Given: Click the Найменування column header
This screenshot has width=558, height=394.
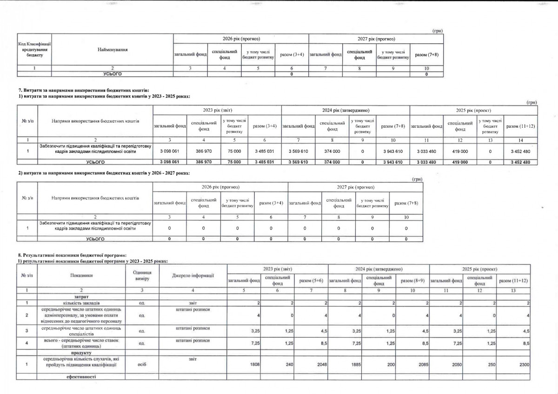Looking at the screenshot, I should pos(112,49).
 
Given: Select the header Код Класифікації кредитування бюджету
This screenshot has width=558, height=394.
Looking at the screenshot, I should pos(34,49).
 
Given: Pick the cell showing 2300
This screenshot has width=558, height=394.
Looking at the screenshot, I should pos(524,365).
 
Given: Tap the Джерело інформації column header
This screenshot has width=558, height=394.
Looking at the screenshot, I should pos(193,275).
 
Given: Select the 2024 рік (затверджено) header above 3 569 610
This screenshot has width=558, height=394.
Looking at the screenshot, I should pos(345,110).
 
